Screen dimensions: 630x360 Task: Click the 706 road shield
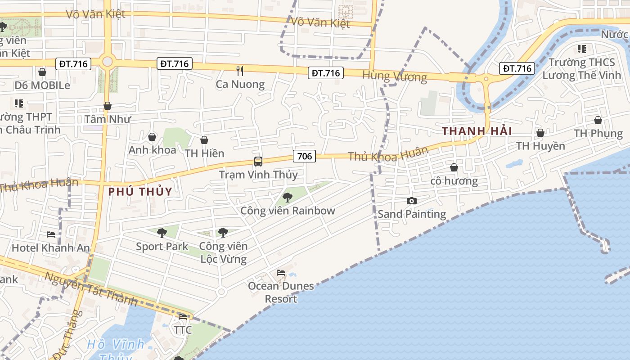point(305,156)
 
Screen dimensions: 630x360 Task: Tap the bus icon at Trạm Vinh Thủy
point(258,162)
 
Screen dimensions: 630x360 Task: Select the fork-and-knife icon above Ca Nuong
point(240,71)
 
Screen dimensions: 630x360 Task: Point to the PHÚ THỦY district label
point(140,191)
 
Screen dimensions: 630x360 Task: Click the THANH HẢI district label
point(477,131)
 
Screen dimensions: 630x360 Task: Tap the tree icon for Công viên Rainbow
point(287,197)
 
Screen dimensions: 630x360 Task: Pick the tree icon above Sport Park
point(162,233)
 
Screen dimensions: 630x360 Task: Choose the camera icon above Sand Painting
point(411,201)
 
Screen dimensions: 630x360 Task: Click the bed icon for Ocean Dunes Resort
point(281,272)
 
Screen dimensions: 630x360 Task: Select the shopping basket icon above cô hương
point(454,167)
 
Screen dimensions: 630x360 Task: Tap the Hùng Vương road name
point(394,76)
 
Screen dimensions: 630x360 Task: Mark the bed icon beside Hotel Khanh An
point(51,234)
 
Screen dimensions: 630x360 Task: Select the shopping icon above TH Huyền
point(540,133)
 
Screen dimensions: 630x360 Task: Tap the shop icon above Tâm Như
point(107,106)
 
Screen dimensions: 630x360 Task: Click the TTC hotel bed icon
point(183,317)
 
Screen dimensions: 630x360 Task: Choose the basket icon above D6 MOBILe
point(42,72)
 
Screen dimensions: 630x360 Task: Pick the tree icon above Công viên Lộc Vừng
point(223,233)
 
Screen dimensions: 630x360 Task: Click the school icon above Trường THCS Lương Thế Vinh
point(581,49)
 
